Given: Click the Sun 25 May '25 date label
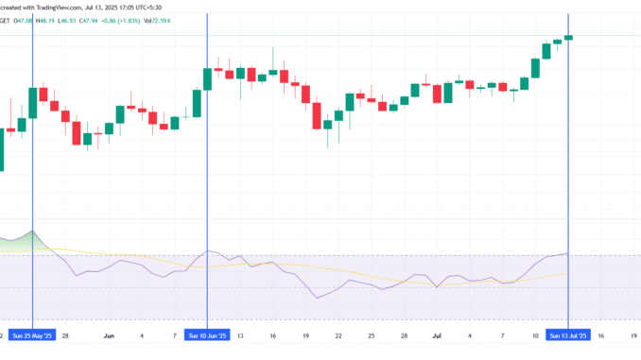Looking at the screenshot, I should click(x=33, y=334).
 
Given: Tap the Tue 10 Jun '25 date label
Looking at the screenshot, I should click(x=207, y=334).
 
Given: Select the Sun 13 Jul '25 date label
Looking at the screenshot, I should click(x=567, y=334).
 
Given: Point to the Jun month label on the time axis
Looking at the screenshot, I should click(x=109, y=334).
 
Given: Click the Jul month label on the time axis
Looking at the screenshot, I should click(x=438, y=334).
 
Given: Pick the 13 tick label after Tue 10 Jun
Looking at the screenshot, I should click(x=240, y=334).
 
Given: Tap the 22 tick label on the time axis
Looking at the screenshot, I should click(x=338, y=334).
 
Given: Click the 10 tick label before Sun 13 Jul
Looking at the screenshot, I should click(x=535, y=334).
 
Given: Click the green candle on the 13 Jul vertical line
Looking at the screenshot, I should click(x=568, y=37).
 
